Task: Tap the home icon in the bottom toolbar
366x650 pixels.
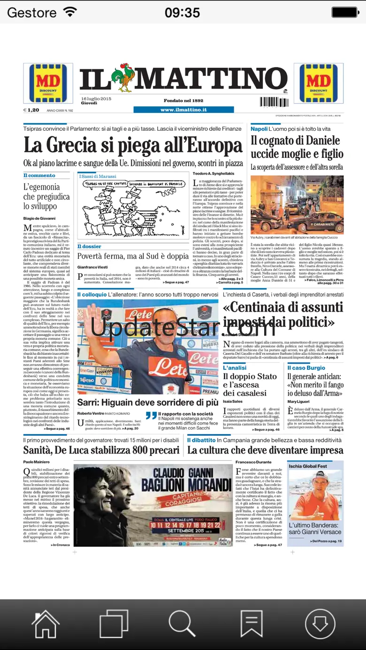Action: click(45, 624)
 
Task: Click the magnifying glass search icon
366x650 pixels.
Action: click(182, 624)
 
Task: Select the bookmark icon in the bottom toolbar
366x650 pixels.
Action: click(251, 624)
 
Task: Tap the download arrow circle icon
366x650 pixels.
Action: click(320, 624)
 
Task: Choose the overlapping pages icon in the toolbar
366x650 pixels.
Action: click(114, 624)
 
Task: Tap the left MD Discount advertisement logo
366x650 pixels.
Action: click(48, 83)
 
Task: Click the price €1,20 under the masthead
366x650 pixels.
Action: click(31, 110)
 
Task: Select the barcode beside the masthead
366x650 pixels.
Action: click(274, 102)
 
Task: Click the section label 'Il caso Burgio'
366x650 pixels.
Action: click(306, 368)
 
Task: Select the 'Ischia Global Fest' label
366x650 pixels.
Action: click(308, 466)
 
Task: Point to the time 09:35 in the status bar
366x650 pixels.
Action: click(182, 12)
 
